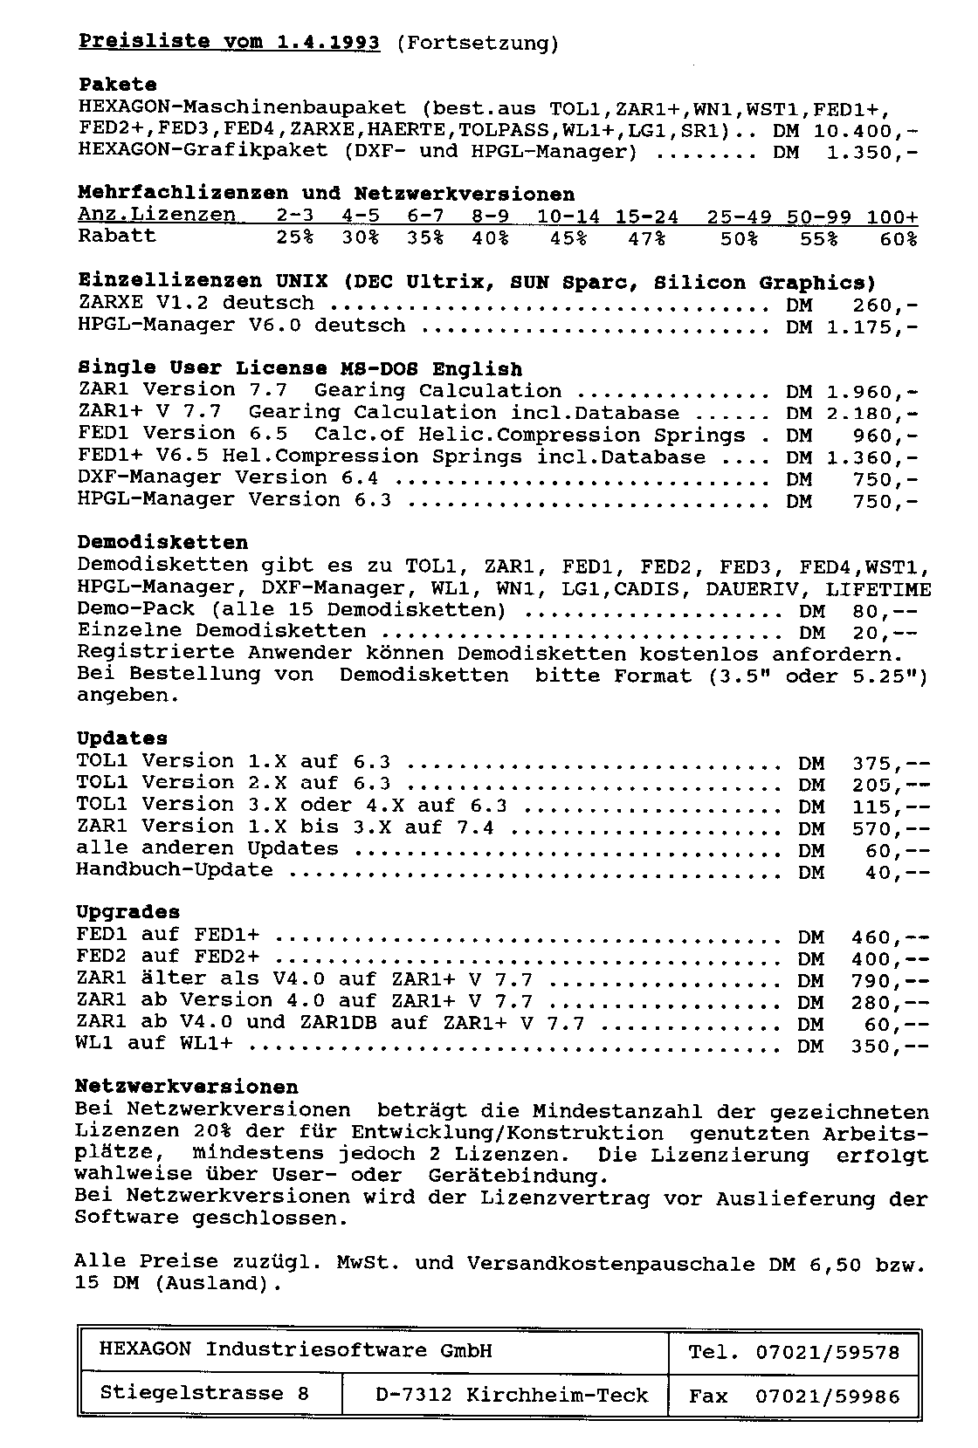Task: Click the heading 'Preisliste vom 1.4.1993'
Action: (x=229, y=42)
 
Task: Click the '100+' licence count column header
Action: (x=892, y=216)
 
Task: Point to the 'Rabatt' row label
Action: (x=117, y=237)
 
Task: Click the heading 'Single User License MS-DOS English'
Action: (x=300, y=369)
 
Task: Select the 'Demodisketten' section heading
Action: (x=162, y=543)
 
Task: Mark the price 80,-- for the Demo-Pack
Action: (x=885, y=610)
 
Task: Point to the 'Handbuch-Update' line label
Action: (x=174, y=870)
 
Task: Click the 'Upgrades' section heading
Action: (x=127, y=912)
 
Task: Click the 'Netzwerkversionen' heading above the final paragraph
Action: (x=187, y=1088)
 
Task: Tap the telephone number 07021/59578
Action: (x=827, y=1353)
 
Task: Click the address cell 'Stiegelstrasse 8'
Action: (x=204, y=1394)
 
